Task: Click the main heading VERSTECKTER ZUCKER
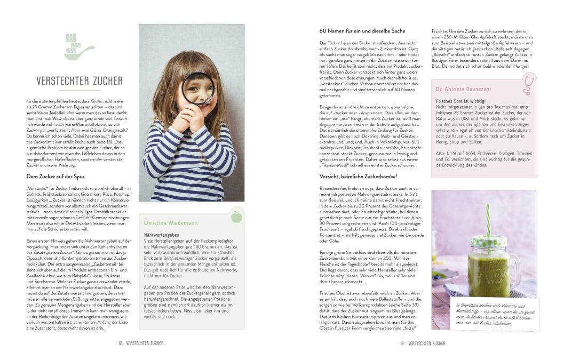(80, 81)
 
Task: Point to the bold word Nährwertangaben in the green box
(162, 235)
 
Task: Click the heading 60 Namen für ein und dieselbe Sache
(362, 31)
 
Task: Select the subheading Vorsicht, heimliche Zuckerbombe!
(359, 176)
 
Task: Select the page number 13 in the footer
(402, 343)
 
